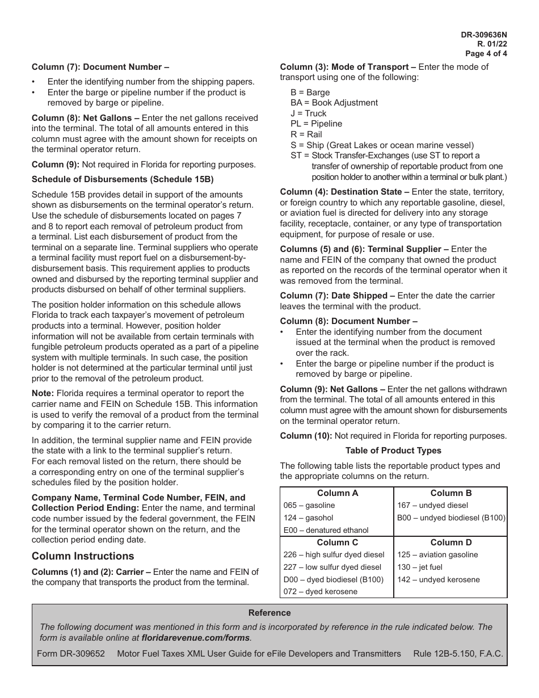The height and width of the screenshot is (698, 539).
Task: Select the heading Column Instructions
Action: (83, 556)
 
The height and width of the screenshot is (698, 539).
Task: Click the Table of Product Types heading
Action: (393, 451)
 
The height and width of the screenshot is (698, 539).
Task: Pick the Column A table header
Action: (338, 493)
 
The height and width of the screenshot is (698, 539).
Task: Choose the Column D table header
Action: (451, 543)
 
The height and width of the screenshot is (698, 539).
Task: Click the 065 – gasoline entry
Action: (309, 506)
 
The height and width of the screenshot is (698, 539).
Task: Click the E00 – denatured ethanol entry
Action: (326, 531)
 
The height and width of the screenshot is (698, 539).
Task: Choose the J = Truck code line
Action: (309, 113)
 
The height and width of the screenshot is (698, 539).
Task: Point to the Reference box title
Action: (269, 613)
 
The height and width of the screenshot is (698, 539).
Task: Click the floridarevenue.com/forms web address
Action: (195, 637)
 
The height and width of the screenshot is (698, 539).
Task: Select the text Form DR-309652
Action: (71, 654)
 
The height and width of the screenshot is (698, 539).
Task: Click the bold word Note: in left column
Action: (43, 393)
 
